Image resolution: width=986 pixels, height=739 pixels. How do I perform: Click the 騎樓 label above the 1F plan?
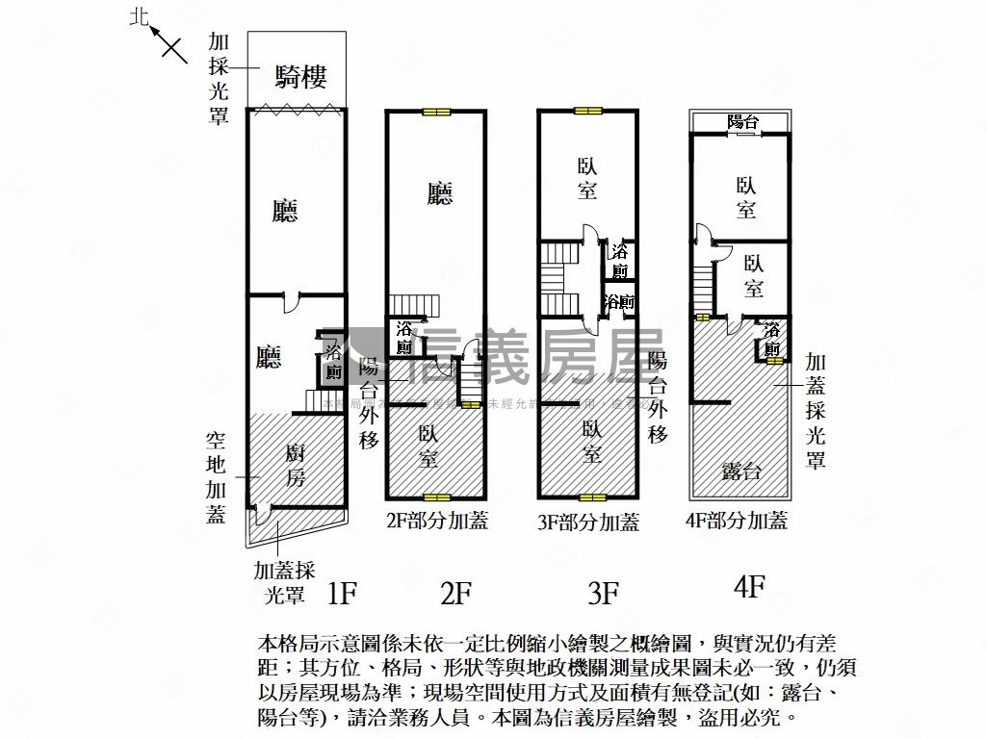pyautogui.click(x=300, y=76)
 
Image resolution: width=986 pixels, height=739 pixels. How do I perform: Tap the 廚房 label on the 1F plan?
pyautogui.click(x=295, y=464)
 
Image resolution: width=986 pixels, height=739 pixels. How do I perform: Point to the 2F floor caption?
pyautogui.click(x=454, y=593)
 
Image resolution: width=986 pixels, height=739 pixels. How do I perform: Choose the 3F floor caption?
pyautogui.click(x=602, y=593)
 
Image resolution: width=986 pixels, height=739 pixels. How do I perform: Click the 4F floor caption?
pyautogui.click(x=748, y=586)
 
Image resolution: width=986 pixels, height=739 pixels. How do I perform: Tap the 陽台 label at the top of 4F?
pyautogui.click(x=742, y=122)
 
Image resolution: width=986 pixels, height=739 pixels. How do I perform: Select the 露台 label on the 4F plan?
pyautogui.click(x=741, y=471)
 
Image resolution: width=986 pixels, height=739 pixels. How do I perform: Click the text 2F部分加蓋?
pyautogui.click(x=436, y=522)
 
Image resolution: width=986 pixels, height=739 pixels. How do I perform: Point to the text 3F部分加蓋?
pyautogui.click(x=588, y=522)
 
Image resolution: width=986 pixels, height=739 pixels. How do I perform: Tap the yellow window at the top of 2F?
pyautogui.click(x=436, y=112)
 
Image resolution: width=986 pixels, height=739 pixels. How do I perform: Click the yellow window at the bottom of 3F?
pyautogui.click(x=591, y=497)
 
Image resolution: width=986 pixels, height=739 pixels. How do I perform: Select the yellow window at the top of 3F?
pyautogui.click(x=587, y=110)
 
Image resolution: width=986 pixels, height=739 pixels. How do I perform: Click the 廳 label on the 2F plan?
pyautogui.click(x=440, y=194)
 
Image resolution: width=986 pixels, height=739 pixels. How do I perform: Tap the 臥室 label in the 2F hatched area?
pyautogui.click(x=428, y=446)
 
